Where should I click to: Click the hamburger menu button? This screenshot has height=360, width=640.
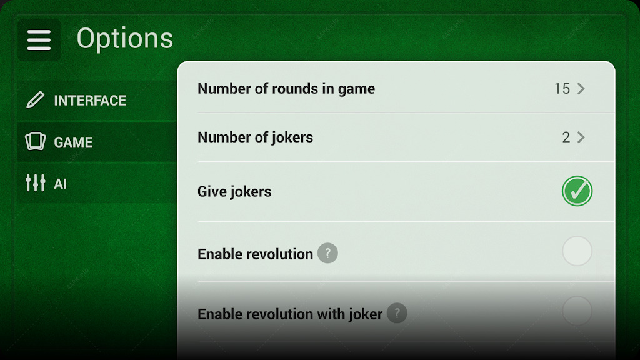(39, 39)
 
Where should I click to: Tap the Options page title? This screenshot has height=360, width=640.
(125, 39)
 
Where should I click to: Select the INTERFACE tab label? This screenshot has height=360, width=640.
(90, 101)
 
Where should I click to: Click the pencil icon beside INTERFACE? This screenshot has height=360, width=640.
(35, 100)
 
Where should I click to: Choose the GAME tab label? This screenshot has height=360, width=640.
(74, 142)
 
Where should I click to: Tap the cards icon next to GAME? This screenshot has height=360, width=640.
(36, 142)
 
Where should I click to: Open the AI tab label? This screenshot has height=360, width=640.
(61, 184)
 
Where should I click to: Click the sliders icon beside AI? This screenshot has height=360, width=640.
(36, 183)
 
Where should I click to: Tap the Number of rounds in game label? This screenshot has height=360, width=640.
(286, 89)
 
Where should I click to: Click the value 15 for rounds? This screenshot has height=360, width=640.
(562, 89)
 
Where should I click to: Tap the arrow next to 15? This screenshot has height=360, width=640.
(581, 89)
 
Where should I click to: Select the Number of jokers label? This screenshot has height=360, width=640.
(255, 137)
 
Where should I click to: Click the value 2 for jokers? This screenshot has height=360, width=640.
(566, 137)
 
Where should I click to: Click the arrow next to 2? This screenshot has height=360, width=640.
(581, 137)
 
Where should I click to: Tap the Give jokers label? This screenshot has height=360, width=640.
(234, 192)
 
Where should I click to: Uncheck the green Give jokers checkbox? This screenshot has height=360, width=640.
(577, 191)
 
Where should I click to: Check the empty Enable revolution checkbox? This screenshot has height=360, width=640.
(577, 251)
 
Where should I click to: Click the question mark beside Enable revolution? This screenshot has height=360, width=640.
(327, 253)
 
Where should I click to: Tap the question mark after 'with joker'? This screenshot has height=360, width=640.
(397, 313)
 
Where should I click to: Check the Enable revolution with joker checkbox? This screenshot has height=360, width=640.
(577, 311)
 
